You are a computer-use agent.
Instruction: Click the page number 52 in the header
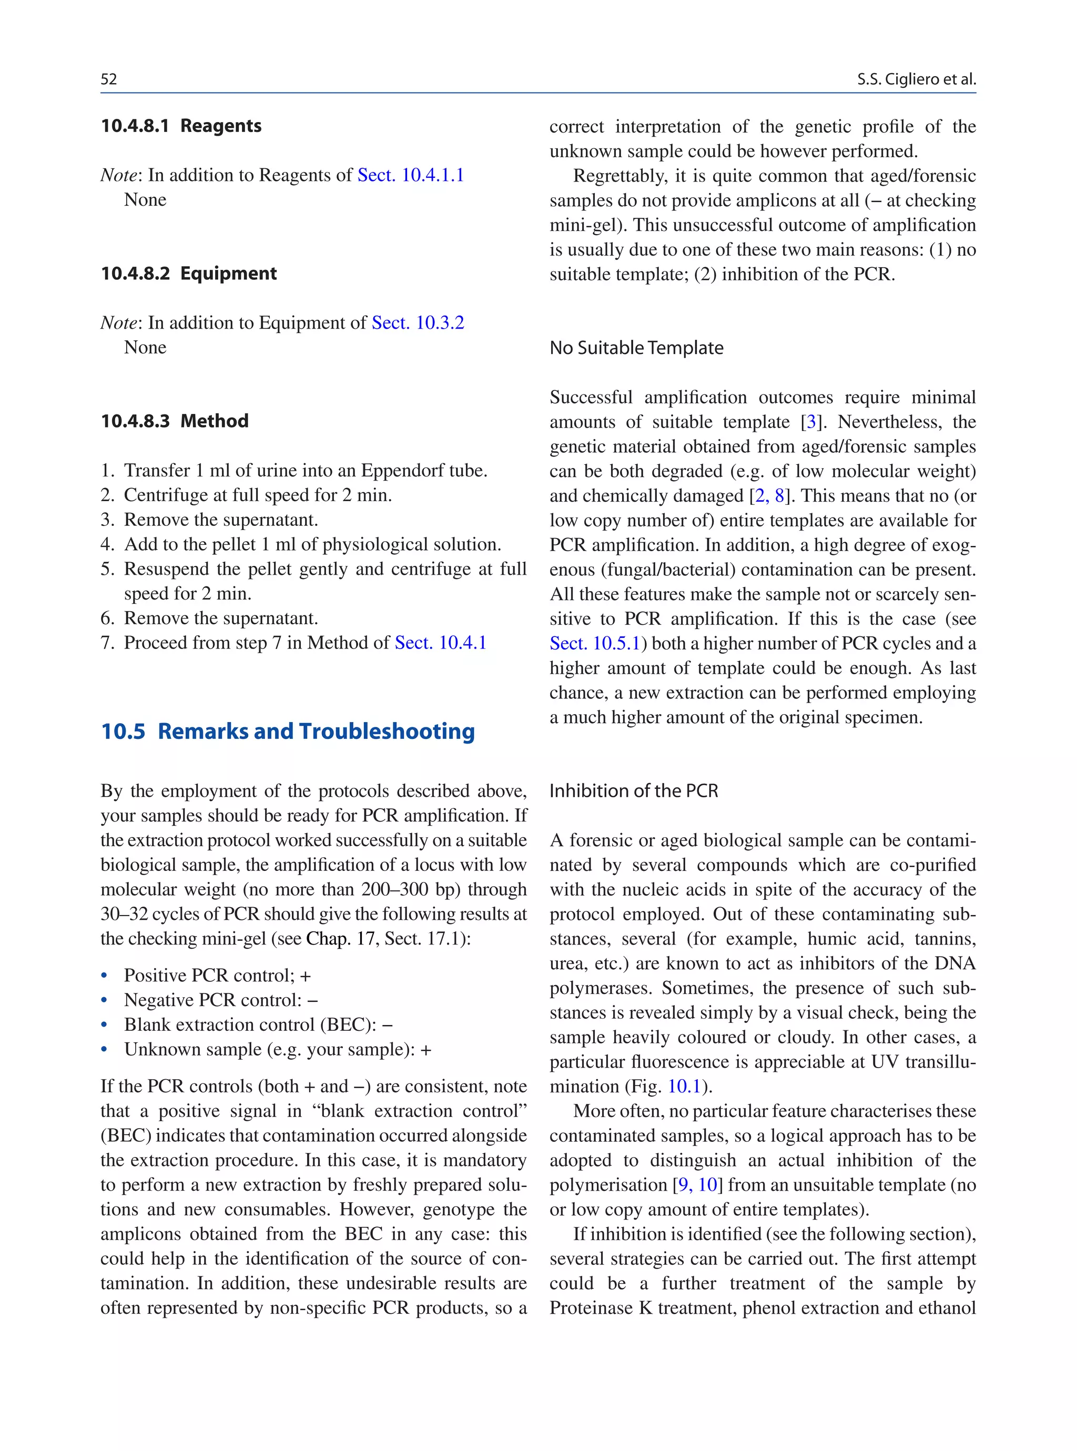point(109,79)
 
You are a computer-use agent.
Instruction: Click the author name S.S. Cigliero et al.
point(916,79)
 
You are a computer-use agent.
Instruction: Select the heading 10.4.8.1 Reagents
point(181,126)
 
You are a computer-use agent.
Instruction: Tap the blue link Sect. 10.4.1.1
point(410,175)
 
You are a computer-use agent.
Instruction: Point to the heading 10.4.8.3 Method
point(175,421)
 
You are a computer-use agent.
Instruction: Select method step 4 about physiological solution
point(312,544)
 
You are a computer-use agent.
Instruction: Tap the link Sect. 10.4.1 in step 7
point(440,643)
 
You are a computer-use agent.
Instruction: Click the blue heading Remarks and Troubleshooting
point(316,732)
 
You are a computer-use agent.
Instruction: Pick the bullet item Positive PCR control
point(217,976)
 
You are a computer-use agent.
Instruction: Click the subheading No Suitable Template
point(636,348)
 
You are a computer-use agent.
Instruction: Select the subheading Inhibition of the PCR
point(633,790)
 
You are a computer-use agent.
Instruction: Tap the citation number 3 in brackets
point(811,422)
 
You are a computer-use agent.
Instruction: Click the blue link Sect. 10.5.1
point(595,643)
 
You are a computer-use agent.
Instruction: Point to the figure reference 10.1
point(684,1087)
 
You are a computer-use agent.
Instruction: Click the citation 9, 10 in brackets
point(697,1185)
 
